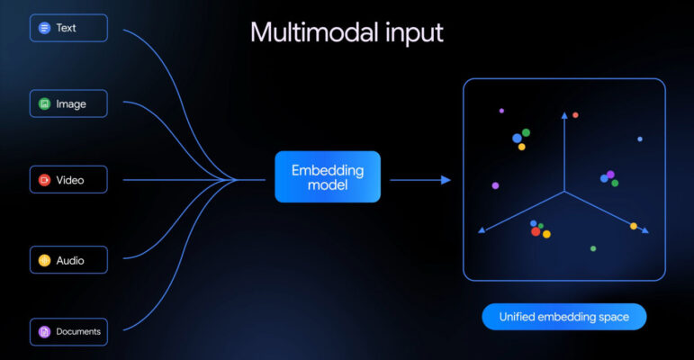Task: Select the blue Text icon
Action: tap(43, 28)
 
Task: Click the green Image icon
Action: tap(43, 103)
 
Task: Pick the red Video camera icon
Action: tap(43, 180)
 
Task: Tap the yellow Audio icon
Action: tap(43, 260)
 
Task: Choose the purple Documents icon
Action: tap(43, 332)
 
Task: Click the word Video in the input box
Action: tap(70, 180)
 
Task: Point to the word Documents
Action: tap(78, 332)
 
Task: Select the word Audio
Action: tap(70, 260)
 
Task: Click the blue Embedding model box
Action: tap(328, 176)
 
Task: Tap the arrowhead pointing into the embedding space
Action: tap(446, 180)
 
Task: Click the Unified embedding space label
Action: tap(563, 316)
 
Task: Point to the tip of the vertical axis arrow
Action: tap(564, 114)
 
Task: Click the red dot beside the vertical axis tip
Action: tap(576, 115)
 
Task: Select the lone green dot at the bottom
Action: tap(592, 248)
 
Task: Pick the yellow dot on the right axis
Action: tap(634, 226)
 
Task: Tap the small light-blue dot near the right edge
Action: tap(640, 139)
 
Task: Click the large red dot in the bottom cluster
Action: tap(536, 231)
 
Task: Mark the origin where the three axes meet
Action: tap(564, 192)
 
